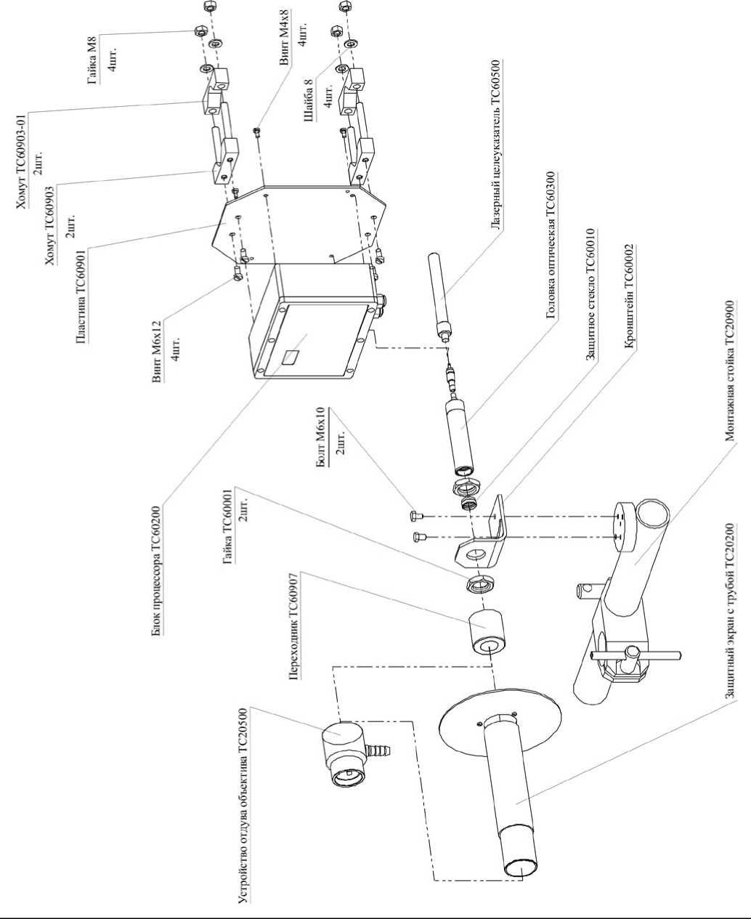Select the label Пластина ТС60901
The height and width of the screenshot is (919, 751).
pyautogui.click(x=81, y=295)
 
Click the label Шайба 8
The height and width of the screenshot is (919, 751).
pyautogui.click(x=309, y=100)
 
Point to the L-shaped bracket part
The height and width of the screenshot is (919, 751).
pyautogui.click(x=481, y=535)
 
